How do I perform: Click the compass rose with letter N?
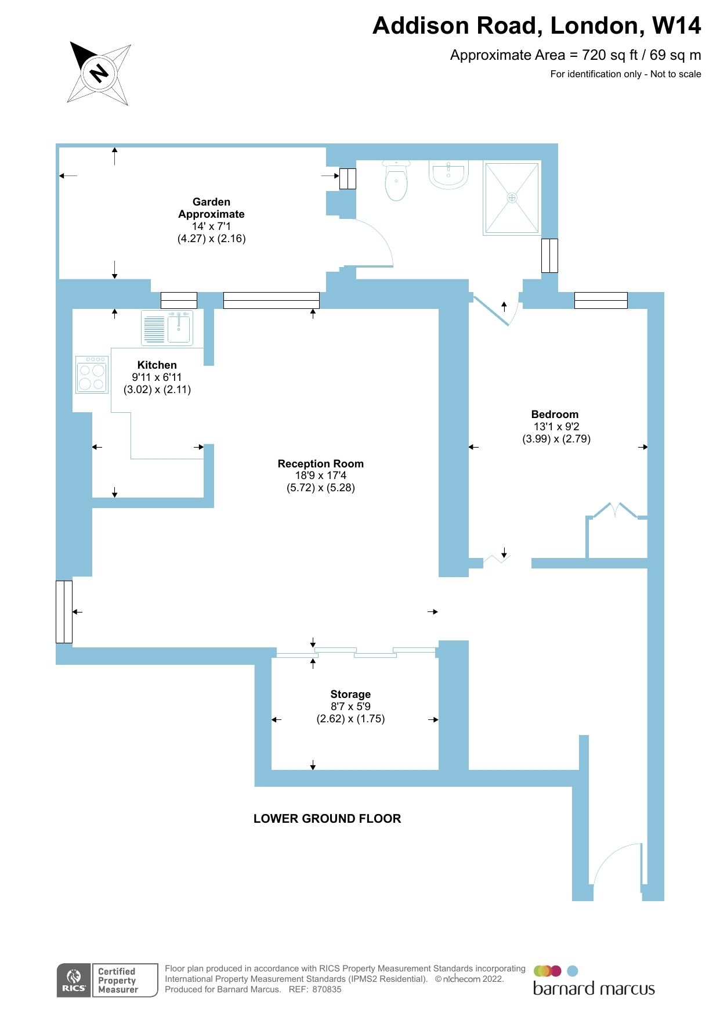pos(99,73)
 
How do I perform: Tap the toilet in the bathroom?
pos(396,181)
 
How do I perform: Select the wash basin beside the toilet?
pos(448,175)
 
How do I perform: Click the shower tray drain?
pos(512,197)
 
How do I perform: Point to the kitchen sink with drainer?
pos(168,328)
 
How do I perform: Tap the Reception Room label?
pos(320,463)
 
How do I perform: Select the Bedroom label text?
pos(555,414)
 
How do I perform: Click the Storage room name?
pos(350,694)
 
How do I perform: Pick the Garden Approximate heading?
pos(211,208)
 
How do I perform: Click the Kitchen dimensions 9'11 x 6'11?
pos(157,377)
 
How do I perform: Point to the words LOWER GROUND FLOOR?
pos(327,818)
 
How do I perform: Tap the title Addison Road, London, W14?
pos(537,26)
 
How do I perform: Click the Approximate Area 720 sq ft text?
pos(575,55)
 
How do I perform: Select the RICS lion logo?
pos(74,980)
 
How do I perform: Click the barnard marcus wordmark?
pos(594,989)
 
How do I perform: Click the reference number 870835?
pos(327,989)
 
